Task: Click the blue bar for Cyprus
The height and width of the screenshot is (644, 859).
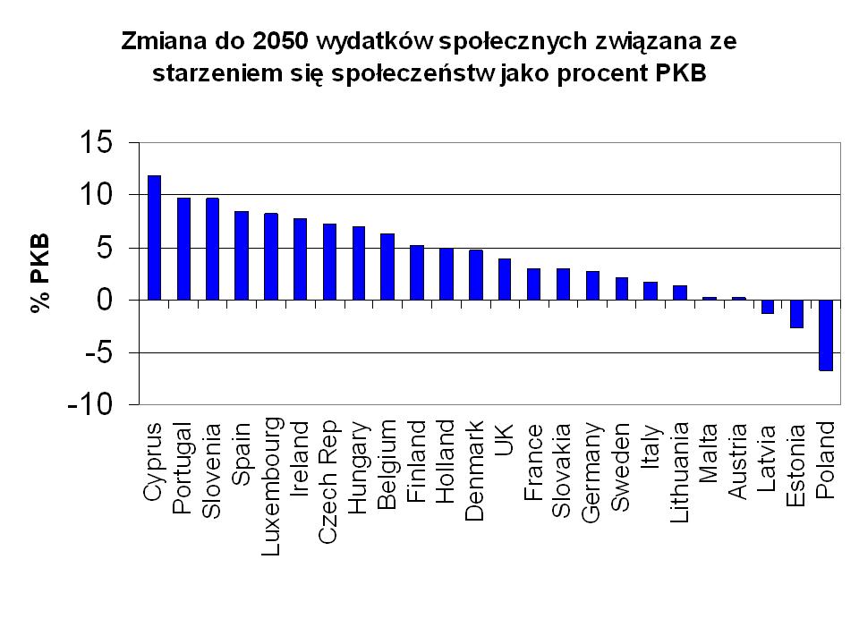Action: pos(154,238)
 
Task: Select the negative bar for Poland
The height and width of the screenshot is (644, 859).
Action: pos(826,335)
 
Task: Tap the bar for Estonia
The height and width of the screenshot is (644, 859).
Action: pos(796,314)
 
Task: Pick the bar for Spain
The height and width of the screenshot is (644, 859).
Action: pos(242,256)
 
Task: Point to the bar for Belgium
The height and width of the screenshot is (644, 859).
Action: pos(387,267)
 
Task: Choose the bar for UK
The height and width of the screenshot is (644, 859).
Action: pos(505,279)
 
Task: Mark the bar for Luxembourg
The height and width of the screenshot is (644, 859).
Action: pos(271,257)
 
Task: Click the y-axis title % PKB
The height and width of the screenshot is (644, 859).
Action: pos(39,274)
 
